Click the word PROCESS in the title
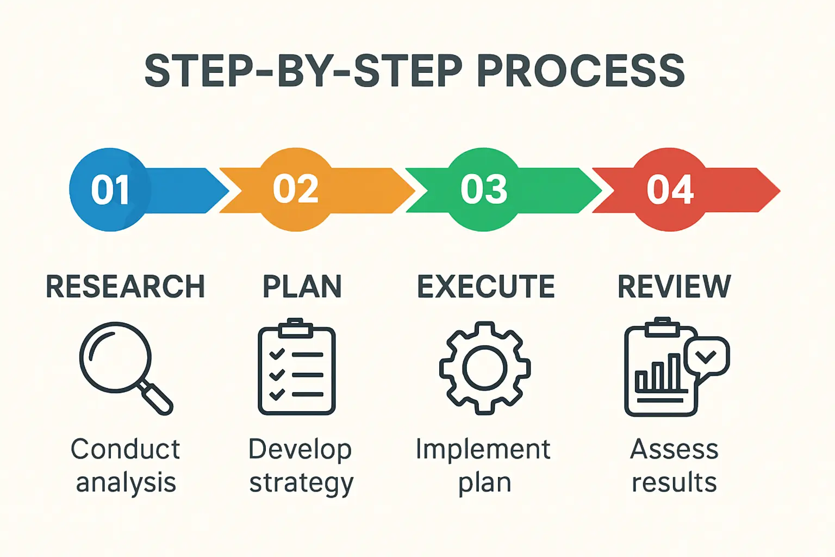[580, 71]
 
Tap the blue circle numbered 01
[110, 190]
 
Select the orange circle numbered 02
[296, 190]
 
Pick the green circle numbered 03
[483, 190]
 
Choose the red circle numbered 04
[670, 190]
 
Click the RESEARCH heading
[125, 287]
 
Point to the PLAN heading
[302, 287]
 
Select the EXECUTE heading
[485, 287]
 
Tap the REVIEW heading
[674, 287]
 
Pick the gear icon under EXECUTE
[484, 368]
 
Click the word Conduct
[125, 449]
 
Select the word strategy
[301, 483]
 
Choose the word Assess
[674, 449]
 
